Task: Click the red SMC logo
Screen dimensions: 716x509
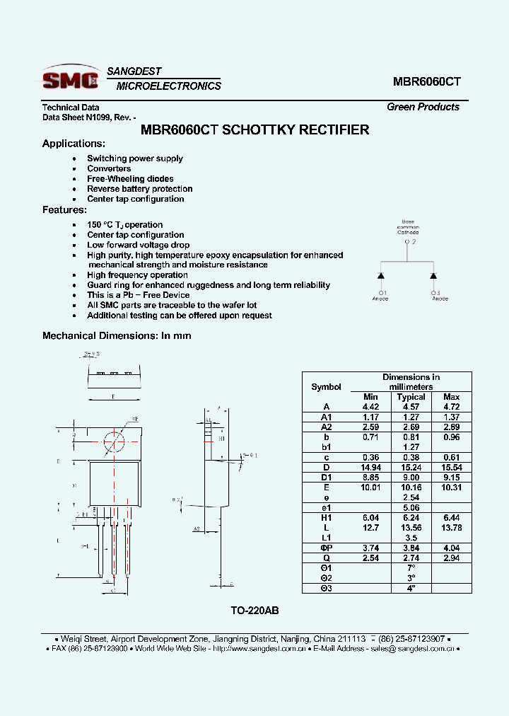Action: (x=70, y=79)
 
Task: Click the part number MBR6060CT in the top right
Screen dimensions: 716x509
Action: (x=426, y=81)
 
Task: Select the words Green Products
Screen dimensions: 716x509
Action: (x=423, y=107)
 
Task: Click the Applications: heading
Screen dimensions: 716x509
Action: (x=74, y=144)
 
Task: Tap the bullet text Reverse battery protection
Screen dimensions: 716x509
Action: (x=139, y=189)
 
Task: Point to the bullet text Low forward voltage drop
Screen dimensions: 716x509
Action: (x=138, y=245)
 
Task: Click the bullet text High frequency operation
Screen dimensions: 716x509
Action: (x=137, y=275)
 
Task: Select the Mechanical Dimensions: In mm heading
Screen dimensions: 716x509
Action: (x=117, y=335)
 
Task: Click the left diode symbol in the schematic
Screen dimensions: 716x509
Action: (x=381, y=275)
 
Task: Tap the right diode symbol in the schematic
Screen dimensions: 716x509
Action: (x=433, y=275)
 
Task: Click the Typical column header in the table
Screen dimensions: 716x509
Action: (x=411, y=397)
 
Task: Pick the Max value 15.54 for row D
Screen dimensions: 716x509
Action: (x=451, y=468)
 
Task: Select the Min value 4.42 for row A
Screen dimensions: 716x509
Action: (x=370, y=407)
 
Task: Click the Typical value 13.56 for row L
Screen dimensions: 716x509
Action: (x=411, y=528)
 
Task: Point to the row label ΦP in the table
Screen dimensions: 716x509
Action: (x=326, y=548)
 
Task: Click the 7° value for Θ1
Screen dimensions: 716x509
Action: (x=411, y=568)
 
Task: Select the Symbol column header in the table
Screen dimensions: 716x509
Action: (x=326, y=387)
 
